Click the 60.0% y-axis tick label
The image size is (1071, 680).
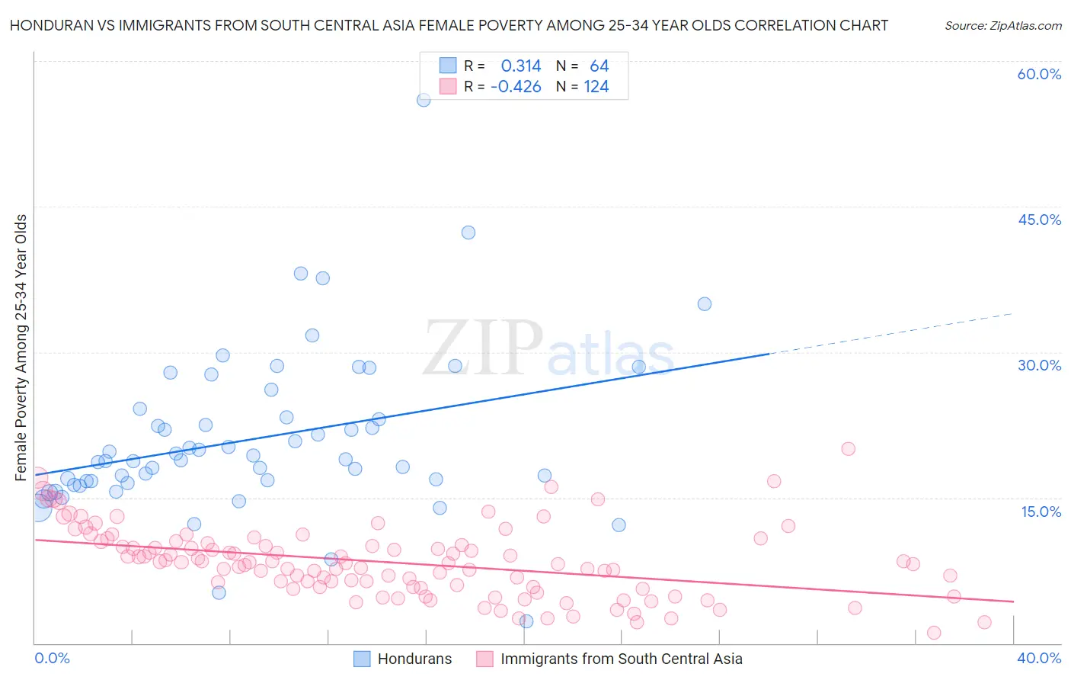tap(1039, 74)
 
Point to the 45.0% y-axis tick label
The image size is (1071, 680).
tap(1039, 220)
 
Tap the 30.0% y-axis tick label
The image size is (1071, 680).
tap(1039, 365)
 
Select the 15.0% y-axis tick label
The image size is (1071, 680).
tap(1041, 511)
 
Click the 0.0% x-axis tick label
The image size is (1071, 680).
tap(52, 658)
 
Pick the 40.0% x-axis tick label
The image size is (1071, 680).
tap(1039, 658)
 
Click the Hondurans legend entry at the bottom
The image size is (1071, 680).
tap(414, 659)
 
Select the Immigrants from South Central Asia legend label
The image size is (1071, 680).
tap(621, 659)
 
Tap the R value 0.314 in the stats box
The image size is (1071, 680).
tap(521, 66)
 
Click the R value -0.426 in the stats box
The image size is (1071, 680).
tap(516, 87)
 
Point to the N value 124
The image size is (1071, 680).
tap(596, 87)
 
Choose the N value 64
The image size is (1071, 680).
tap(599, 66)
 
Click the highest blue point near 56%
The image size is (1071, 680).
tap(424, 99)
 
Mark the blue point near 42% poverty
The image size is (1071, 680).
tap(468, 233)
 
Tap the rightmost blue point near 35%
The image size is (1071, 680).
tap(705, 304)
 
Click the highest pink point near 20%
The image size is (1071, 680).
tap(848, 449)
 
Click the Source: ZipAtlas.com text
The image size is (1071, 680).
tap(1002, 26)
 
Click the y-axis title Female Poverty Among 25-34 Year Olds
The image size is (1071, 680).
tap(21, 348)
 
